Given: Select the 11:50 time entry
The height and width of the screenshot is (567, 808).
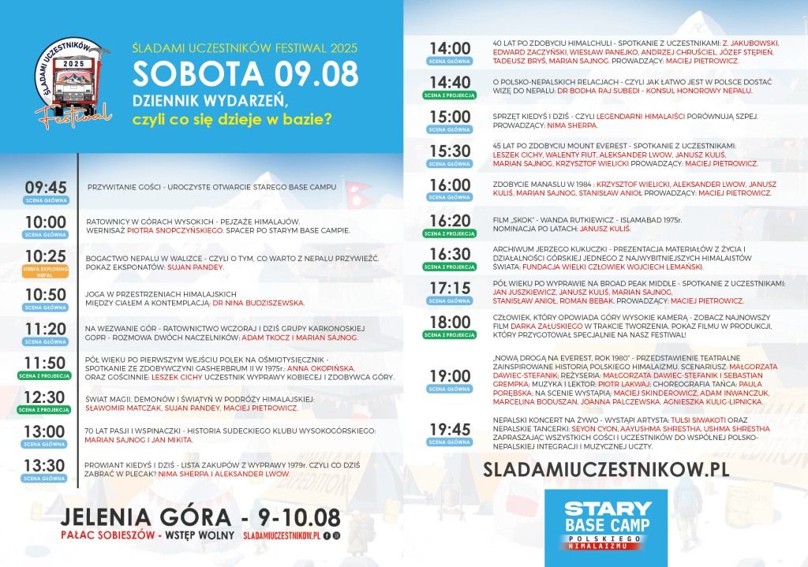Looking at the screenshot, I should coord(45,363).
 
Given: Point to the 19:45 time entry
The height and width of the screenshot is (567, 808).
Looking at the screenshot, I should coord(450,428).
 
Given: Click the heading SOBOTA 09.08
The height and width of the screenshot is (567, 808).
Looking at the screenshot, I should coord(245,73).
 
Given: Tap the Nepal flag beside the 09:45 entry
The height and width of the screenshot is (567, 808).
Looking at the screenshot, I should coord(359,191).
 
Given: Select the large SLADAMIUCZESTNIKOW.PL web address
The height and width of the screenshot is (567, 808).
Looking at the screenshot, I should coord(606,468).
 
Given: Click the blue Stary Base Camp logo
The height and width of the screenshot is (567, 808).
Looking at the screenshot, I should coord(606,524).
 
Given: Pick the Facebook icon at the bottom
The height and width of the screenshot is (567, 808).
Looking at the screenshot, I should coord(327,535).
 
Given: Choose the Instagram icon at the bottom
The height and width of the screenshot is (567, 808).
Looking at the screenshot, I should coord(337,535).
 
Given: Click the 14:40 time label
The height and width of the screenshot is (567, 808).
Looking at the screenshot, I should coord(450,82).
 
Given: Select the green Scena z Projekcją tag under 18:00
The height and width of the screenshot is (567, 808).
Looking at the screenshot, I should coord(450,334).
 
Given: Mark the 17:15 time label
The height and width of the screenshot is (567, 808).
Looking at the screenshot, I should coord(450,288).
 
